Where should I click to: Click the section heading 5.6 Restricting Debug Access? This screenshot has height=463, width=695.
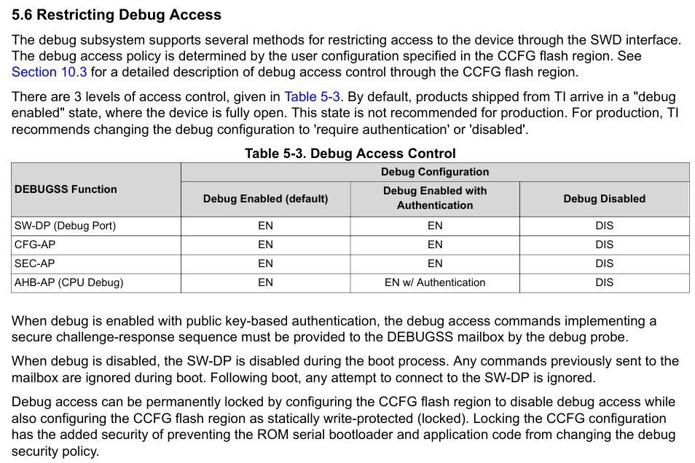(x=117, y=15)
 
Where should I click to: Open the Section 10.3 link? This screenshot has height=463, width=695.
(x=49, y=72)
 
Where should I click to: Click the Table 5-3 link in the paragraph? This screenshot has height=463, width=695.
(x=312, y=97)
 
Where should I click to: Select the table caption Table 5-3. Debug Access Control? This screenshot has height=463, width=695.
(x=350, y=154)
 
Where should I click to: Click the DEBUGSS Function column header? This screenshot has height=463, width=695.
(x=66, y=189)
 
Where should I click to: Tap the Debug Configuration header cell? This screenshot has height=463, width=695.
(x=435, y=172)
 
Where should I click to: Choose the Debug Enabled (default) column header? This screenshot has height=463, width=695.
(x=265, y=199)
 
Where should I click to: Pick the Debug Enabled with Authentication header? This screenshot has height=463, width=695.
(x=435, y=198)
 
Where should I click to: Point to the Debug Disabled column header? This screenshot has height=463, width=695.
(x=604, y=199)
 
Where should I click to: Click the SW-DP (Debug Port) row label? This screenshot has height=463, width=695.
(x=65, y=226)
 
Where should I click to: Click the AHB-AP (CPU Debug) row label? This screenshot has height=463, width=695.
(x=69, y=282)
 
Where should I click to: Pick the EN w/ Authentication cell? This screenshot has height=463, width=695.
(x=435, y=282)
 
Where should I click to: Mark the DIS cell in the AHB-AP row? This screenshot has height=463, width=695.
(x=604, y=282)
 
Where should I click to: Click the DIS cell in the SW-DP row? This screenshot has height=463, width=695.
(x=604, y=226)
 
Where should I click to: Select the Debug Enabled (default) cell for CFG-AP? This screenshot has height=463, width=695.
(x=265, y=245)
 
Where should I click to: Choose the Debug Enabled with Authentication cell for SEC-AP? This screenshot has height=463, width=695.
(x=435, y=264)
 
